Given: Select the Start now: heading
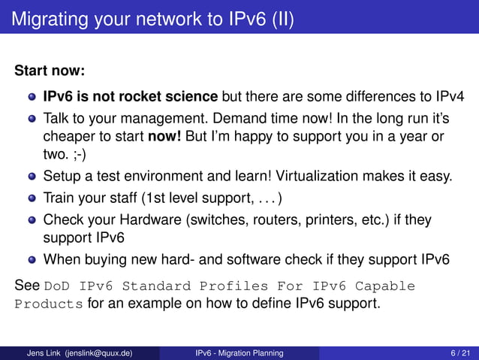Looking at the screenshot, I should tap(50, 71).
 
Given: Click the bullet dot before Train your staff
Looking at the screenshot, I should tap(32, 199).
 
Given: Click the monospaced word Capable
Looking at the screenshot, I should tap(384, 286).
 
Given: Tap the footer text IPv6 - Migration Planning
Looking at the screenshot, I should tap(239, 352).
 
